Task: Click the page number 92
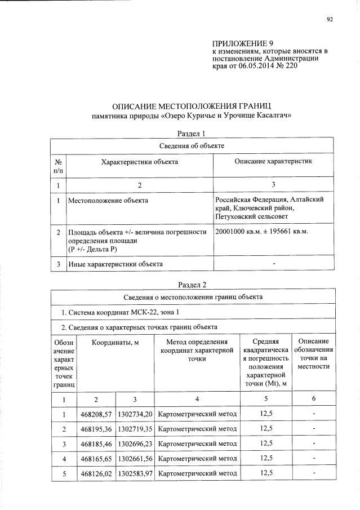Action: tap(330, 20)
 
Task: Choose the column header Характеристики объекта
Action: tap(139, 162)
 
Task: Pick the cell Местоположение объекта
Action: tap(108, 200)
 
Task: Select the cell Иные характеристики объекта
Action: tap(115, 263)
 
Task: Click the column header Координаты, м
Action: tap(115, 343)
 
